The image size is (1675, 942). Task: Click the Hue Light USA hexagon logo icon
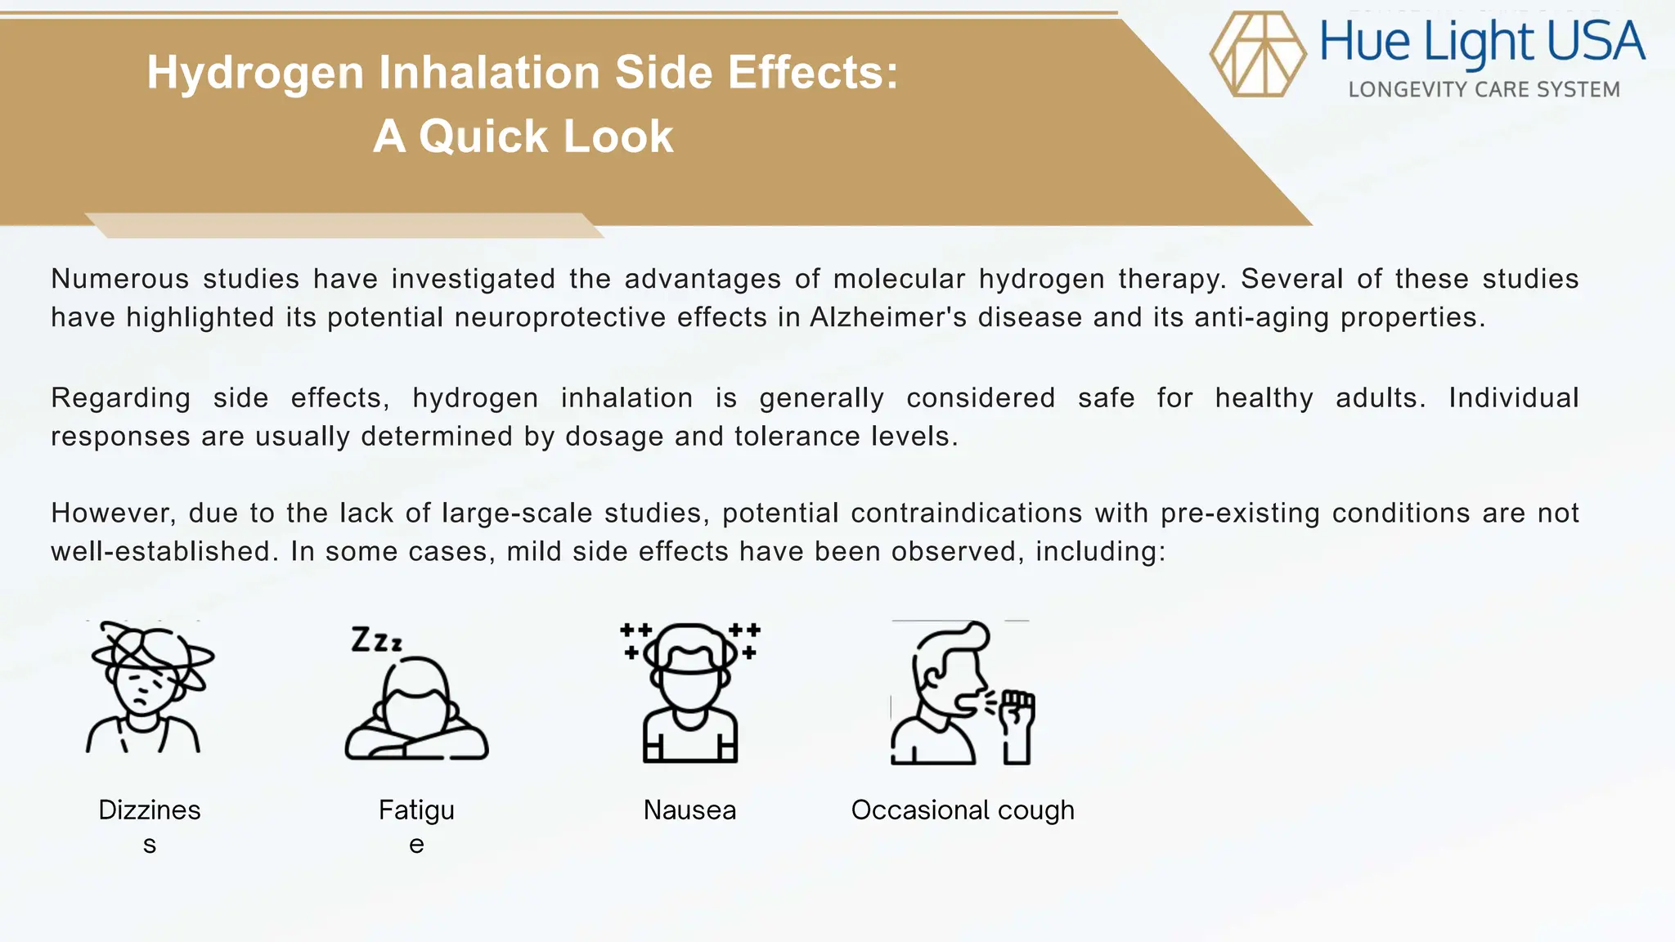(x=1258, y=54)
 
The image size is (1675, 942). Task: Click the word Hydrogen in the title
(x=255, y=72)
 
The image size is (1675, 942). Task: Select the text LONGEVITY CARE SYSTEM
(x=1484, y=89)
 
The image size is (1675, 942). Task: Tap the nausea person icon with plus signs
(x=690, y=692)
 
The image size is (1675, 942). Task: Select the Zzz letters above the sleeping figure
(x=376, y=639)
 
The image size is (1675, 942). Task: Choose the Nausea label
(x=689, y=810)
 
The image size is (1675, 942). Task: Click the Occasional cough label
(x=963, y=810)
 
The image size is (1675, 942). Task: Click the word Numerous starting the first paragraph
(x=119, y=279)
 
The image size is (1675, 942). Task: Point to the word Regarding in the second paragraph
(x=120, y=398)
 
